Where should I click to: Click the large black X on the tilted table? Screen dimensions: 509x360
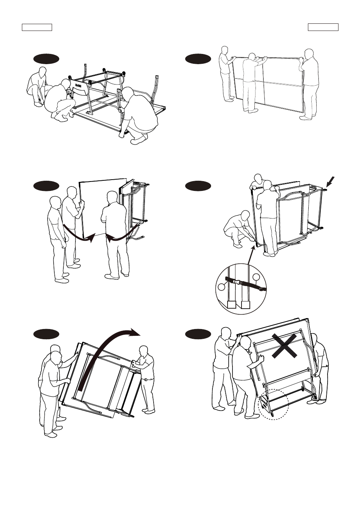(x=285, y=345)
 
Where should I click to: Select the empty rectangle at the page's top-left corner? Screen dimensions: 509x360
(x=37, y=27)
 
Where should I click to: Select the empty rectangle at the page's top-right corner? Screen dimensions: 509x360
(x=323, y=27)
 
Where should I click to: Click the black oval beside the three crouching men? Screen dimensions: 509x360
(x=46, y=59)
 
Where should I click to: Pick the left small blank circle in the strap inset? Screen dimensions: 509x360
(x=222, y=287)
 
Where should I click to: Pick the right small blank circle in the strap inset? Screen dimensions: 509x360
(x=256, y=277)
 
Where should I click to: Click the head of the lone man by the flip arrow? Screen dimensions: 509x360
(x=143, y=351)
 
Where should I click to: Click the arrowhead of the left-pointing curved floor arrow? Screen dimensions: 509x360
(x=109, y=238)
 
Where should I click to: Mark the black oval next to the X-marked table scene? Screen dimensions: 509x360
(x=198, y=334)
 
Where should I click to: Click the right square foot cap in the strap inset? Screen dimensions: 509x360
(x=246, y=304)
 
